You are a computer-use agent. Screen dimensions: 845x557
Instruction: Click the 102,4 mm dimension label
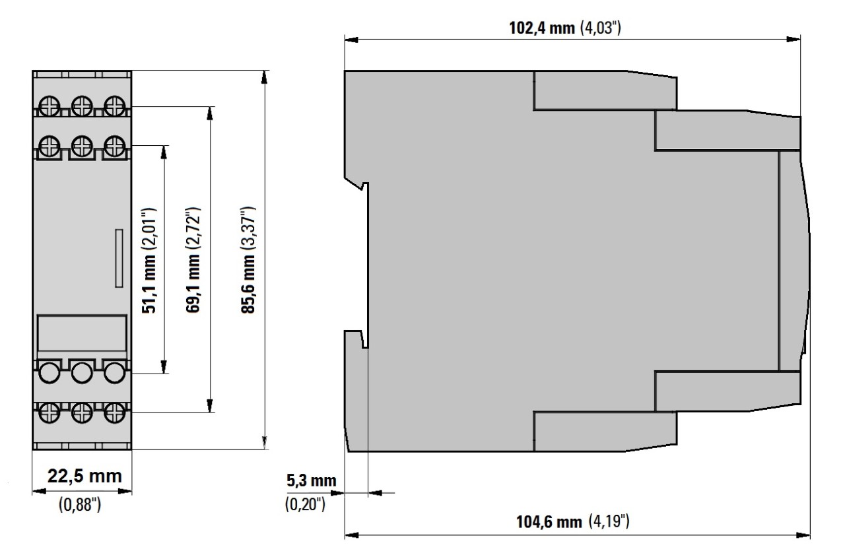pyautogui.click(x=542, y=28)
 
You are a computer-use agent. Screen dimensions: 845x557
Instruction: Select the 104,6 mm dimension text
pyautogui.click(x=549, y=522)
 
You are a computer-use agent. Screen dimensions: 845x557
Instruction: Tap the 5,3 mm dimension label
pyautogui.click(x=311, y=480)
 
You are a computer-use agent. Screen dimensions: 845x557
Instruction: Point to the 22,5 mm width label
pyautogui.click(x=84, y=476)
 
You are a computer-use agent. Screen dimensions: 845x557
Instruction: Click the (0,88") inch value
pyautogui.click(x=80, y=504)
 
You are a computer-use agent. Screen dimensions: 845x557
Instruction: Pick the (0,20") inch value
pyautogui.click(x=305, y=504)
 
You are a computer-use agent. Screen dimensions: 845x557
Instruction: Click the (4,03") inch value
pyautogui.click(x=600, y=28)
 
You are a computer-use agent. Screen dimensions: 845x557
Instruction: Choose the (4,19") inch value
pyautogui.click(x=609, y=521)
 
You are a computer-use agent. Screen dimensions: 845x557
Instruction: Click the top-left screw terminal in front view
pyautogui.click(x=50, y=106)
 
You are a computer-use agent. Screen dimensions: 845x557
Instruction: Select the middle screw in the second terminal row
pyautogui.click(x=82, y=146)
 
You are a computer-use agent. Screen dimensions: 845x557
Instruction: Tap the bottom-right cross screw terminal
pyautogui.click(x=115, y=412)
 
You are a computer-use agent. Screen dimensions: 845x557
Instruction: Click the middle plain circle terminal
pyautogui.click(x=82, y=373)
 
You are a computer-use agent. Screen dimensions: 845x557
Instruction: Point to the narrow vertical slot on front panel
pyautogui.click(x=119, y=258)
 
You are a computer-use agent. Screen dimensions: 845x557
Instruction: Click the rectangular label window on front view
pyautogui.click(x=82, y=333)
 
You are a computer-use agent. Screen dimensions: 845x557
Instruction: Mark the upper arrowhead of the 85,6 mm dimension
pyautogui.click(x=265, y=77)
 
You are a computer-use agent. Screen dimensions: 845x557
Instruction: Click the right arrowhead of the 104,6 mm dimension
pyautogui.click(x=803, y=535)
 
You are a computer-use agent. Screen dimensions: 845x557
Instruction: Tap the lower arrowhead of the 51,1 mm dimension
pyautogui.click(x=164, y=367)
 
